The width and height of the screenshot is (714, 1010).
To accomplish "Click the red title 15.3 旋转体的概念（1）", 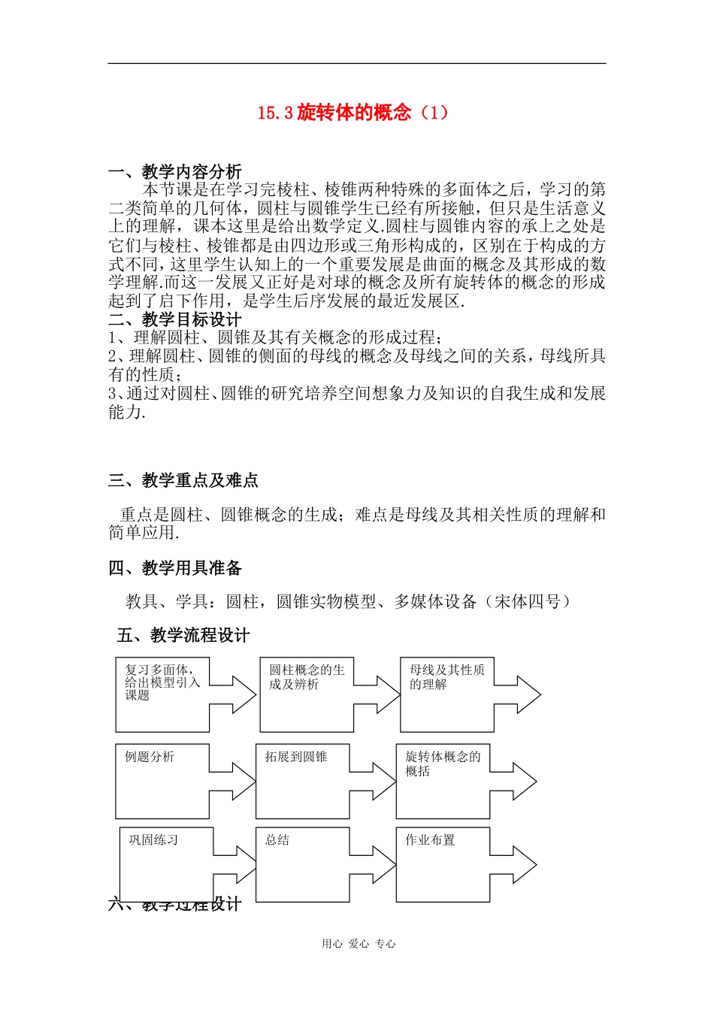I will coord(352,113).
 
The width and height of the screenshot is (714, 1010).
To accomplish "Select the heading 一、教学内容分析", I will coord(175,172).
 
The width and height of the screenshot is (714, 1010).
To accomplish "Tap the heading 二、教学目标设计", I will coord(175,319).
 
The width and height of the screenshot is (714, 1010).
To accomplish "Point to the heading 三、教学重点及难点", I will coord(183,480).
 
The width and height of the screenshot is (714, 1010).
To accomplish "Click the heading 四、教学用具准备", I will coord(175,568).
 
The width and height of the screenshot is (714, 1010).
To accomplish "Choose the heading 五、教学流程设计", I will coord(183,636).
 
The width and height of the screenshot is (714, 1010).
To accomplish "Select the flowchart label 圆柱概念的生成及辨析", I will coord(307,676).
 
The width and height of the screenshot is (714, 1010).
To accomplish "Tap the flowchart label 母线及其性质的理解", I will coord(446,676).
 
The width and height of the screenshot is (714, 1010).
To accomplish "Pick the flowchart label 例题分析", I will coord(150,757).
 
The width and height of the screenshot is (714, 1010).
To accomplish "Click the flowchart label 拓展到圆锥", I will coord(295,757).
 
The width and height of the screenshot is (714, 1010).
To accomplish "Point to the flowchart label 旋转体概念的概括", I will coord(443,764).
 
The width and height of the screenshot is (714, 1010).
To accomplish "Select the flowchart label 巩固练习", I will coord(153,840).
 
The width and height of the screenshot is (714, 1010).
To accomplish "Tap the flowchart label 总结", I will coord(277,840).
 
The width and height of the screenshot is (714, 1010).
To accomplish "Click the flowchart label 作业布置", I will coord(430,840).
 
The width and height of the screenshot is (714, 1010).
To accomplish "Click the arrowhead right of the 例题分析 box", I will coord(244,782).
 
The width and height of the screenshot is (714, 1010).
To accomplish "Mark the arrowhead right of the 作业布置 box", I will coord(524,865).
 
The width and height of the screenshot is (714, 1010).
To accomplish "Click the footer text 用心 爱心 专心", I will coord(359,944).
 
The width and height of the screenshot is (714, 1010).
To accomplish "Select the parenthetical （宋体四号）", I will coord(528,601).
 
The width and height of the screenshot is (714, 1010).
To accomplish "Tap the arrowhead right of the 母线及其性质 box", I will coord(528,694).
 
